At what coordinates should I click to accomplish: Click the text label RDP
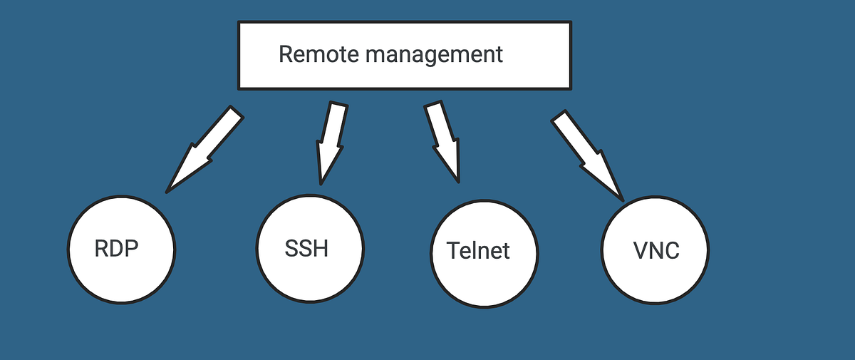click(x=116, y=249)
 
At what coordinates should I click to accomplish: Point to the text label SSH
click(x=306, y=249)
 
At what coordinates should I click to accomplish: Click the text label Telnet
click(x=479, y=251)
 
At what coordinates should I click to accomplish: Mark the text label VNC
click(x=656, y=251)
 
